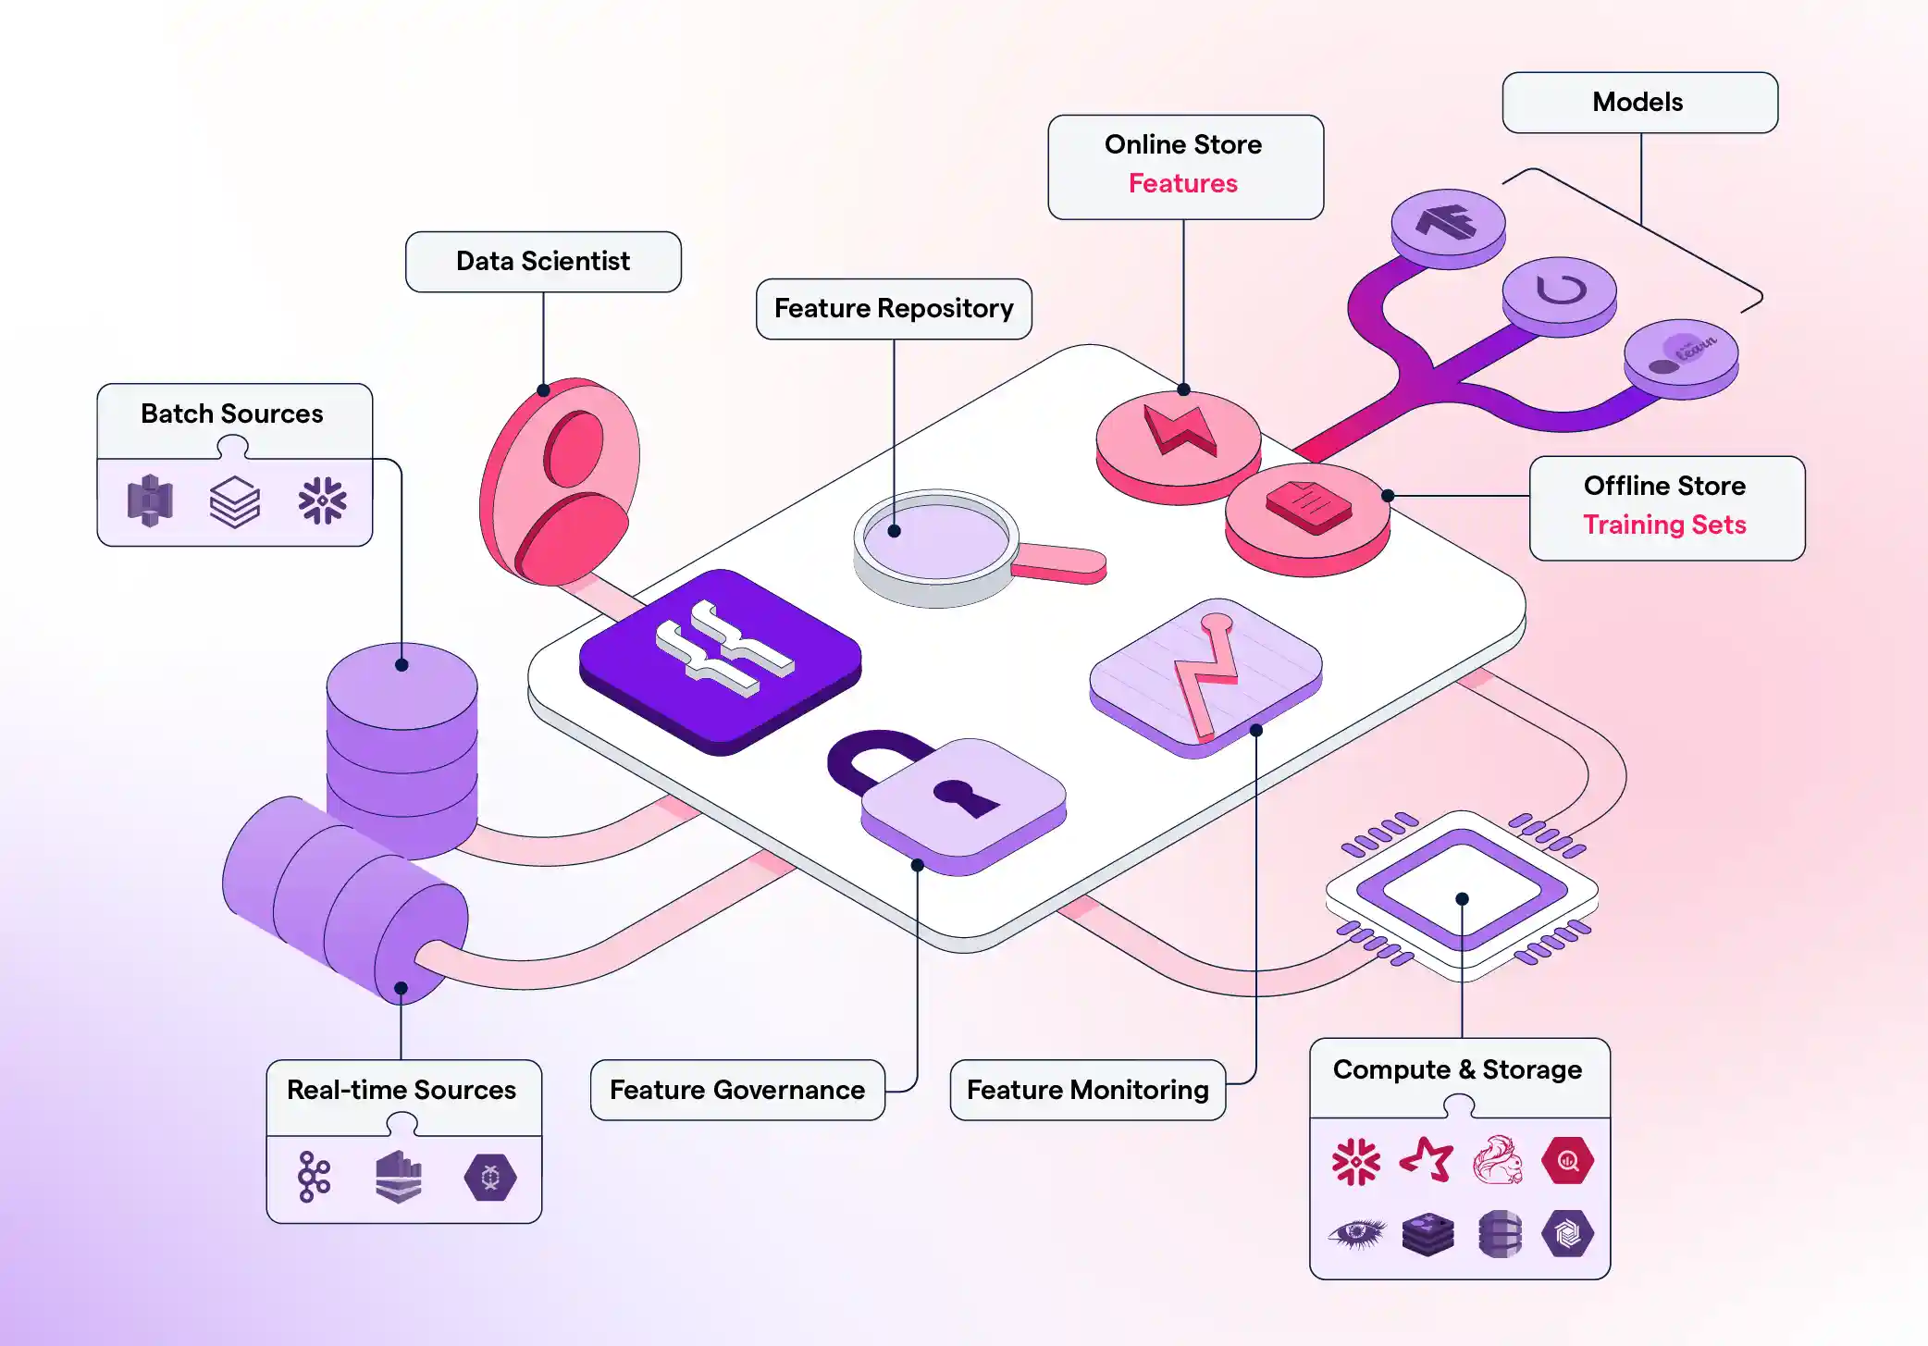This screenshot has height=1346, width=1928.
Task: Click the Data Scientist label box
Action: point(543,262)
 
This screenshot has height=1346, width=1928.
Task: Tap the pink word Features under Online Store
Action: point(1182,183)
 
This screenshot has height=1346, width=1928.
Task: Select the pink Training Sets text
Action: point(1663,525)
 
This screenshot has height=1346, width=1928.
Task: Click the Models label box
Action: point(1638,103)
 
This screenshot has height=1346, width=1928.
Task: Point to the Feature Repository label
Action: point(893,308)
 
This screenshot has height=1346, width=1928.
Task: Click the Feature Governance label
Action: point(736,1090)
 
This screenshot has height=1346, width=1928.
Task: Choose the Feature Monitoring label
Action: point(1087,1090)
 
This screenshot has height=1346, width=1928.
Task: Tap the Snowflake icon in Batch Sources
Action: point(322,501)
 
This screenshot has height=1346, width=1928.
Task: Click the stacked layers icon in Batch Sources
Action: point(234,501)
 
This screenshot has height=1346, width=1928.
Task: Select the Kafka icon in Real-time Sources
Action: point(314,1177)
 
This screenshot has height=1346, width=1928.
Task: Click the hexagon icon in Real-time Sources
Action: point(489,1177)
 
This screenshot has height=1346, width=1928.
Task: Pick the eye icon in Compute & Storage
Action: point(1356,1233)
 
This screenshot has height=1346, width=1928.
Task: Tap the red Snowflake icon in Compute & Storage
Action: point(1355,1161)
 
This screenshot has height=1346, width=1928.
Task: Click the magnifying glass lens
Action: point(936,539)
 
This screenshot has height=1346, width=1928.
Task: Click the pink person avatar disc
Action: point(561,481)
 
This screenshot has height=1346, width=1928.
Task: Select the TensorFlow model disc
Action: point(1448,223)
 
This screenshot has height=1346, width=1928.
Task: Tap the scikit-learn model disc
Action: point(1681,354)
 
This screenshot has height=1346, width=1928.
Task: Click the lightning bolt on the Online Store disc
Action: point(1179,431)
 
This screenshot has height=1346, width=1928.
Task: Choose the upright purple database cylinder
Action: point(402,740)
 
